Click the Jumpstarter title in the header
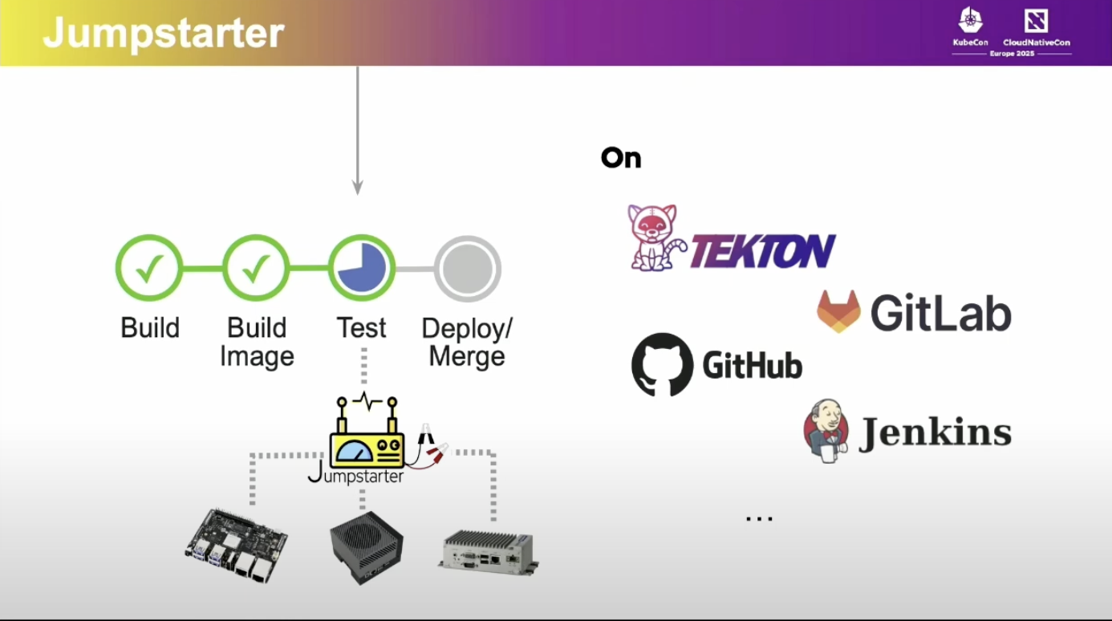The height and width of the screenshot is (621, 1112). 164,33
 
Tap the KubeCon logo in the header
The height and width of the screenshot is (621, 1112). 970,25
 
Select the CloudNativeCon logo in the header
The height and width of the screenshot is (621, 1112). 1036,25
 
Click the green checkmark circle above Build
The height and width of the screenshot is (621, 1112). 149,268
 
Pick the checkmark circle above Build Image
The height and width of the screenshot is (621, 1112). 255,268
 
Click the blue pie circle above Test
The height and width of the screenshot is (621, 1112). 361,268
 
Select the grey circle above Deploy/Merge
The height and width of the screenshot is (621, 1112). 467,268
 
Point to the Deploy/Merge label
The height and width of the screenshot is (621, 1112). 467,342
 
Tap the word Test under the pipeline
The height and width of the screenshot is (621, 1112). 361,327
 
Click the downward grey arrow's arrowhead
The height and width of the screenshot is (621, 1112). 358,188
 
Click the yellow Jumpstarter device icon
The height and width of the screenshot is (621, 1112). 367,436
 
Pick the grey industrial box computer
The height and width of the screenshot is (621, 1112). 489,552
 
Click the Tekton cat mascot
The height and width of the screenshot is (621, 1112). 654,237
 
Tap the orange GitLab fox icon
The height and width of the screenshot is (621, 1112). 838,311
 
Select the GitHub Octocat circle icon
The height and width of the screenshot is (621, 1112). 662,364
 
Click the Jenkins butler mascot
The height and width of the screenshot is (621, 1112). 826,432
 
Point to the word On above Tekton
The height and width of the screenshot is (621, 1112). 621,158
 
